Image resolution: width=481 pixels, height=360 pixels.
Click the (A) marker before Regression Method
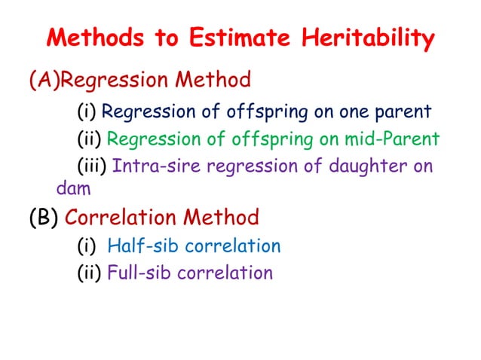(x=41, y=79)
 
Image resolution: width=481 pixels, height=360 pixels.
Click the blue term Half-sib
(x=142, y=246)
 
